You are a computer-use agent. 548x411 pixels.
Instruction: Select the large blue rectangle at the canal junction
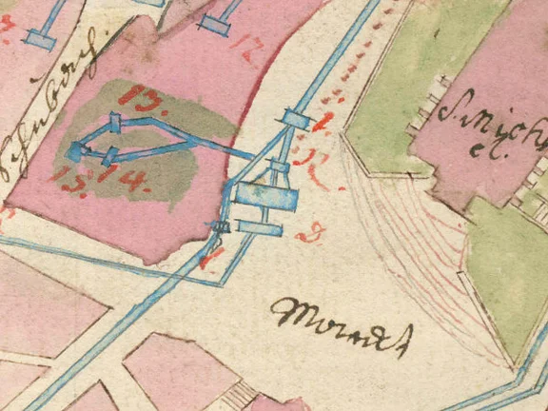pyautogui.click(x=264, y=196)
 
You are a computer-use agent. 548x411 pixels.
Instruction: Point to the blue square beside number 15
pyautogui.click(x=76, y=150)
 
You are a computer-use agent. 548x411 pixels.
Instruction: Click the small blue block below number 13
pyautogui.click(x=115, y=122)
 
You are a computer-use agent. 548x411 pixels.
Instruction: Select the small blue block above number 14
pyautogui.click(x=111, y=154)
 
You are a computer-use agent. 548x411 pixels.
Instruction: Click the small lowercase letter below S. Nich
pyautogui.click(x=476, y=149)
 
